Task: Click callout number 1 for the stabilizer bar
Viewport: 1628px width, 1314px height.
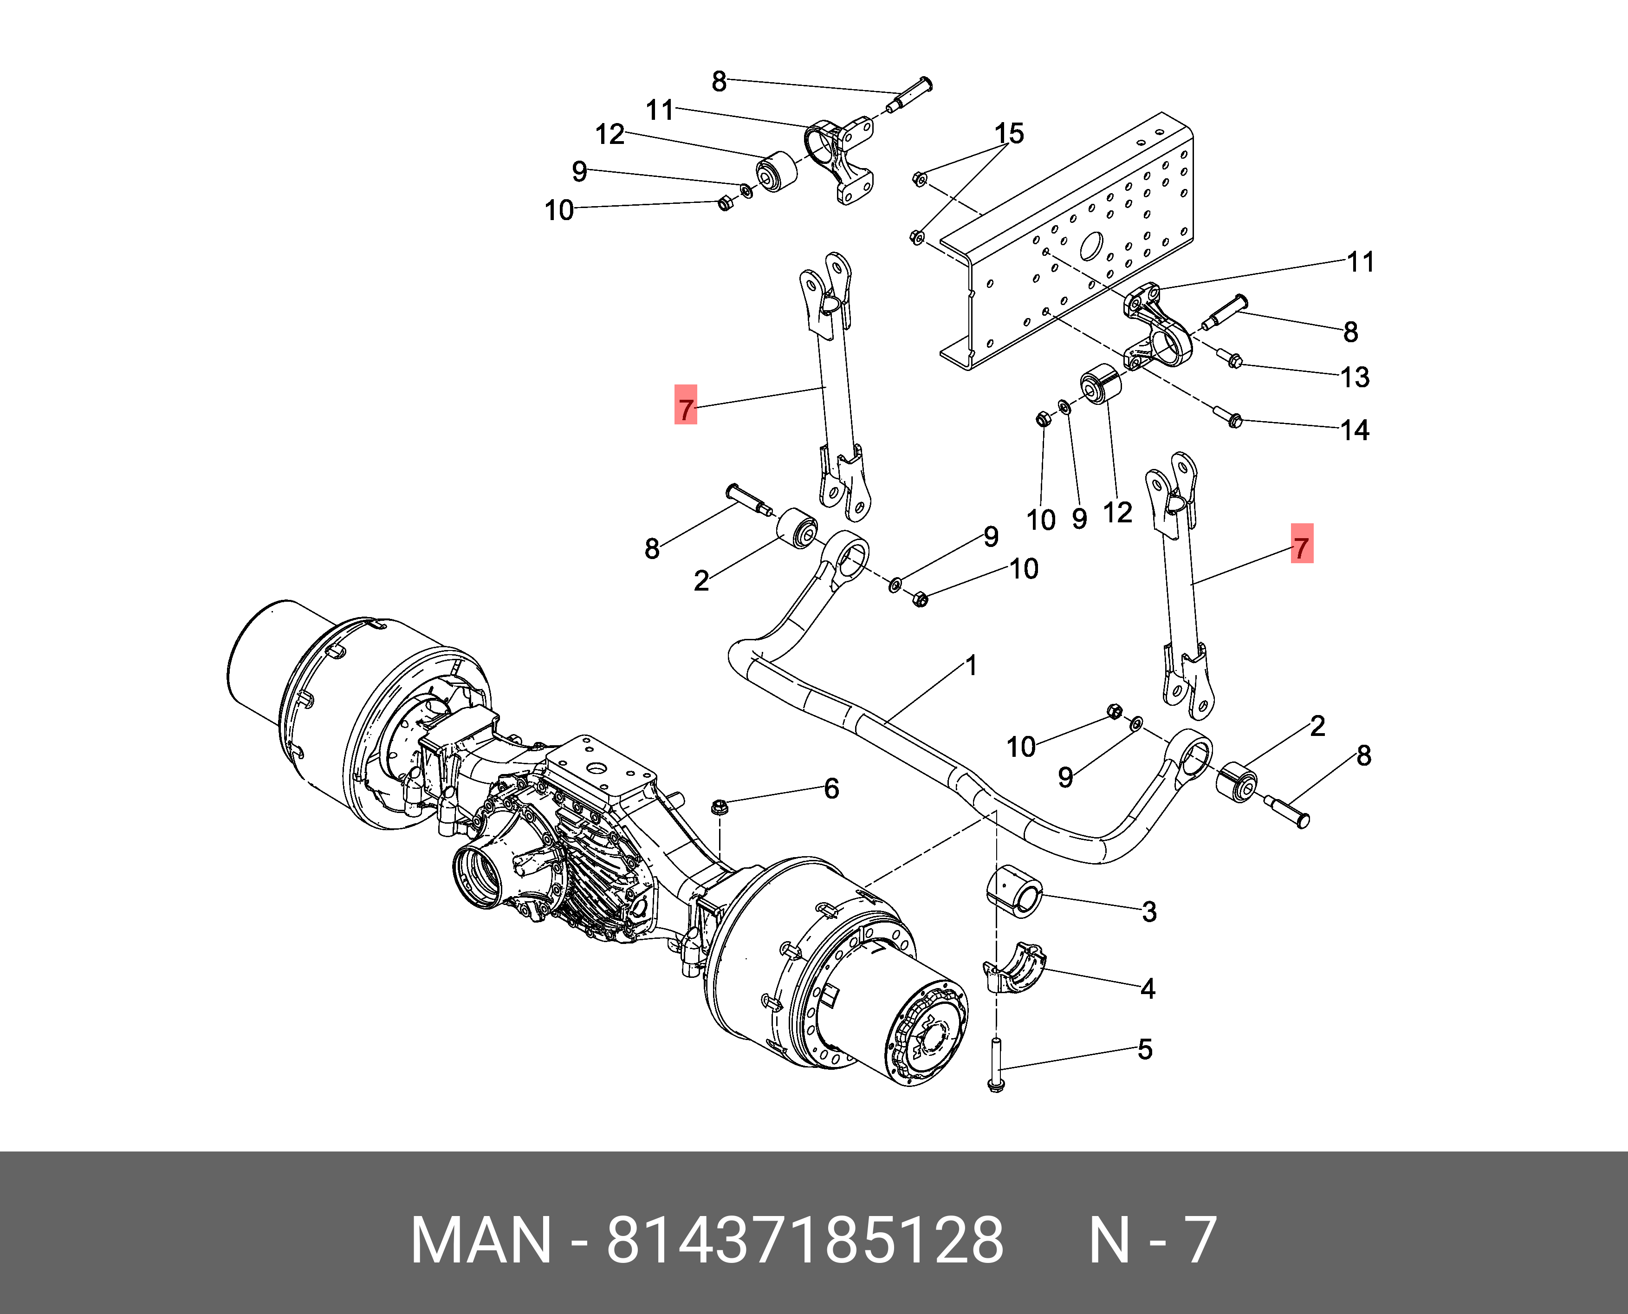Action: [971, 666]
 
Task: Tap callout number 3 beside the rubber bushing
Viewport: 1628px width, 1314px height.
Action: [1149, 912]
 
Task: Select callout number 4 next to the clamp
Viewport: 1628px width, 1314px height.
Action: [1148, 989]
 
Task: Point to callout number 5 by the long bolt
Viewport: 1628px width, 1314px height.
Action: [1145, 1049]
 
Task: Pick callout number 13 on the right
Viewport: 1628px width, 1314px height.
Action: [1355, 377]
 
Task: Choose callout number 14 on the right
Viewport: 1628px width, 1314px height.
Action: [1355, 431]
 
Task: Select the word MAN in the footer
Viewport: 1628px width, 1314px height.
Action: [481, 1239]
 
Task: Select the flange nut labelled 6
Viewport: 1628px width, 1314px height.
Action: [720, 806]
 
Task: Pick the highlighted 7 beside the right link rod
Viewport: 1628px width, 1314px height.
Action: [1301, 548]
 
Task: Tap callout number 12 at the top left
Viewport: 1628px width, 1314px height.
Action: [610, 135]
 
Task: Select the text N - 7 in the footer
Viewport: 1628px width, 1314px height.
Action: [1152, 1239]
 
